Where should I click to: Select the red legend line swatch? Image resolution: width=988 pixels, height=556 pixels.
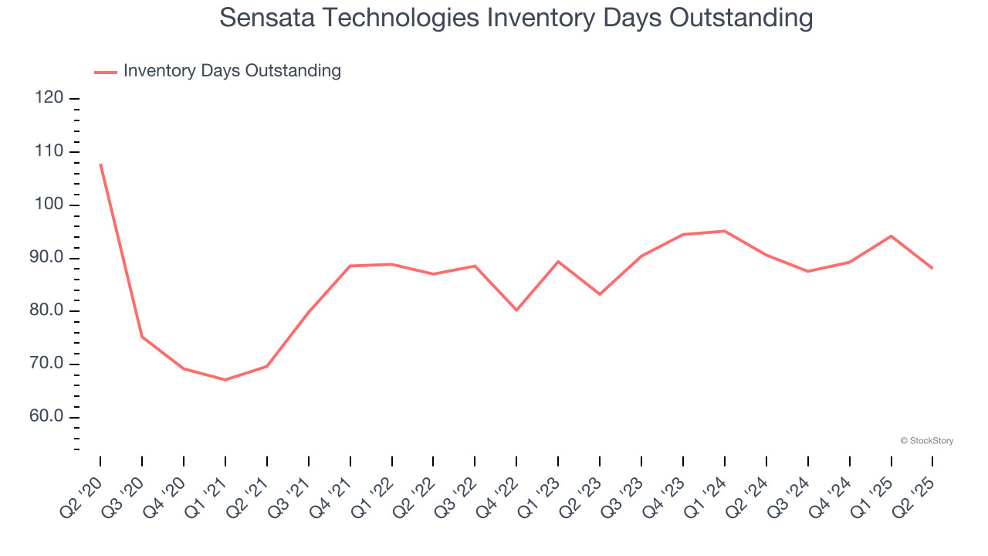pyautogui.click(x=105, y=72)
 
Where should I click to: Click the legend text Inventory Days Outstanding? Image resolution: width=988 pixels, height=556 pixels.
pyautogui.click(x=232, y=71)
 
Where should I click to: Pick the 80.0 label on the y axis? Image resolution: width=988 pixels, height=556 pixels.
pyautogui.click(x=47, y=311)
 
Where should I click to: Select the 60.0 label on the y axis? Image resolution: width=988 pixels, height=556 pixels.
pyautogui.click(x=47, y=418)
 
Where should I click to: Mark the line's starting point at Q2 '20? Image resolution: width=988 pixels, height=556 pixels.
pyautogui.click(x=100, y=164)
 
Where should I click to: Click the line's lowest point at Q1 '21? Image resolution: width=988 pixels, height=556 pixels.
pyautogui.click(x=225, y=380)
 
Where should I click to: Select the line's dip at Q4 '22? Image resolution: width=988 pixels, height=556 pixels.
pyautogui.click(x=516, y=310)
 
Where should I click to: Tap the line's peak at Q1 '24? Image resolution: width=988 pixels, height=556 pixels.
pyautogui.click(x=725, y=231)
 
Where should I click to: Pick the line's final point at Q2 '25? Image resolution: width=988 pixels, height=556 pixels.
pyautogui.click(x=932, y=268)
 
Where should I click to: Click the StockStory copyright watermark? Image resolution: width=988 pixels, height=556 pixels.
pyautogui.click(x=926, y=441)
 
